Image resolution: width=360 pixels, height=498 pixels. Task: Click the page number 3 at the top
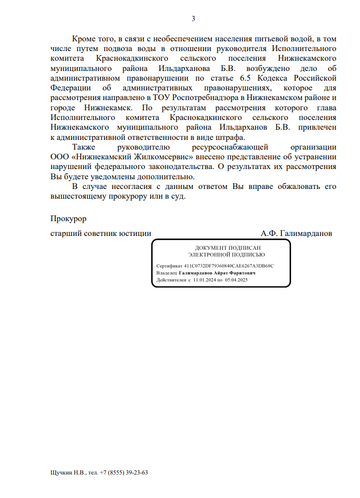click(193, 19)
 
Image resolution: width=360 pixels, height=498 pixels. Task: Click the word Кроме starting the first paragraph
click(84, 39)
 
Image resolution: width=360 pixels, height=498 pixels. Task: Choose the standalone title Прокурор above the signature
click(68, 219)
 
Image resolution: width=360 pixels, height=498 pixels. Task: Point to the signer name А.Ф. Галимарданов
click(296, 233)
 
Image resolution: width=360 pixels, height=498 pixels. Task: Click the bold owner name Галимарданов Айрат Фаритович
click(217, 273)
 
